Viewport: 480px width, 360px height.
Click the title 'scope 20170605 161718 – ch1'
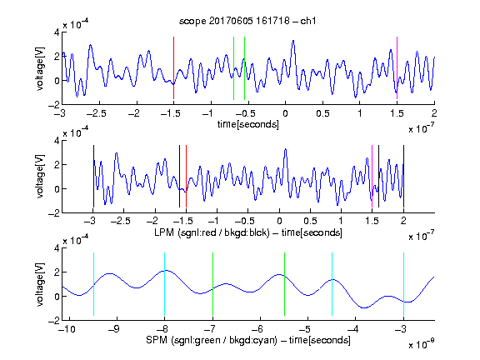pos(247,21)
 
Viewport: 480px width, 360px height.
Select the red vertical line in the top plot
pos(173,68)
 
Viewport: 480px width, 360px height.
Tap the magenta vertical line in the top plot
pos(397,68)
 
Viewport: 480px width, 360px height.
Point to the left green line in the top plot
pos(233,68)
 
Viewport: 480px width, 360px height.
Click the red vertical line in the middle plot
pos(186,177)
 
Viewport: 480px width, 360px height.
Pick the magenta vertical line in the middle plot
pos(372,177)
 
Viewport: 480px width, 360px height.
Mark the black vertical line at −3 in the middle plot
pos(93,177)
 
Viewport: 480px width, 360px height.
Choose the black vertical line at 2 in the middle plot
pos(403,177)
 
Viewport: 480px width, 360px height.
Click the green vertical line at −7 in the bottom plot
pos(212,284)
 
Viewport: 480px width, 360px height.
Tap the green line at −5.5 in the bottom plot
pos(284,284)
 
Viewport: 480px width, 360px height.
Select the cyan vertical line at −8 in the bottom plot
pos(165,284)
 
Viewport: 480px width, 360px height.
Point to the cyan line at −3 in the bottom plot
pos(403,284)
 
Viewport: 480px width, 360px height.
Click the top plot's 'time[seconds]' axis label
pos(248,124)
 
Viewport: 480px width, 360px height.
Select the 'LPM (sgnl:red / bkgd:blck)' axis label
pos(212,232)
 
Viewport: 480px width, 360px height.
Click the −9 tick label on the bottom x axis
pos(114,329)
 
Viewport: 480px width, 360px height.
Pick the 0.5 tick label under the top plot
pos(322,113)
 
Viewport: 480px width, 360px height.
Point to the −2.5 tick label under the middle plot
pos(120,221)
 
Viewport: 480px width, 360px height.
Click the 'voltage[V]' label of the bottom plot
pos(40,284)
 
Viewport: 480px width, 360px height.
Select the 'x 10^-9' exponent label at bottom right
pos(421,343)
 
